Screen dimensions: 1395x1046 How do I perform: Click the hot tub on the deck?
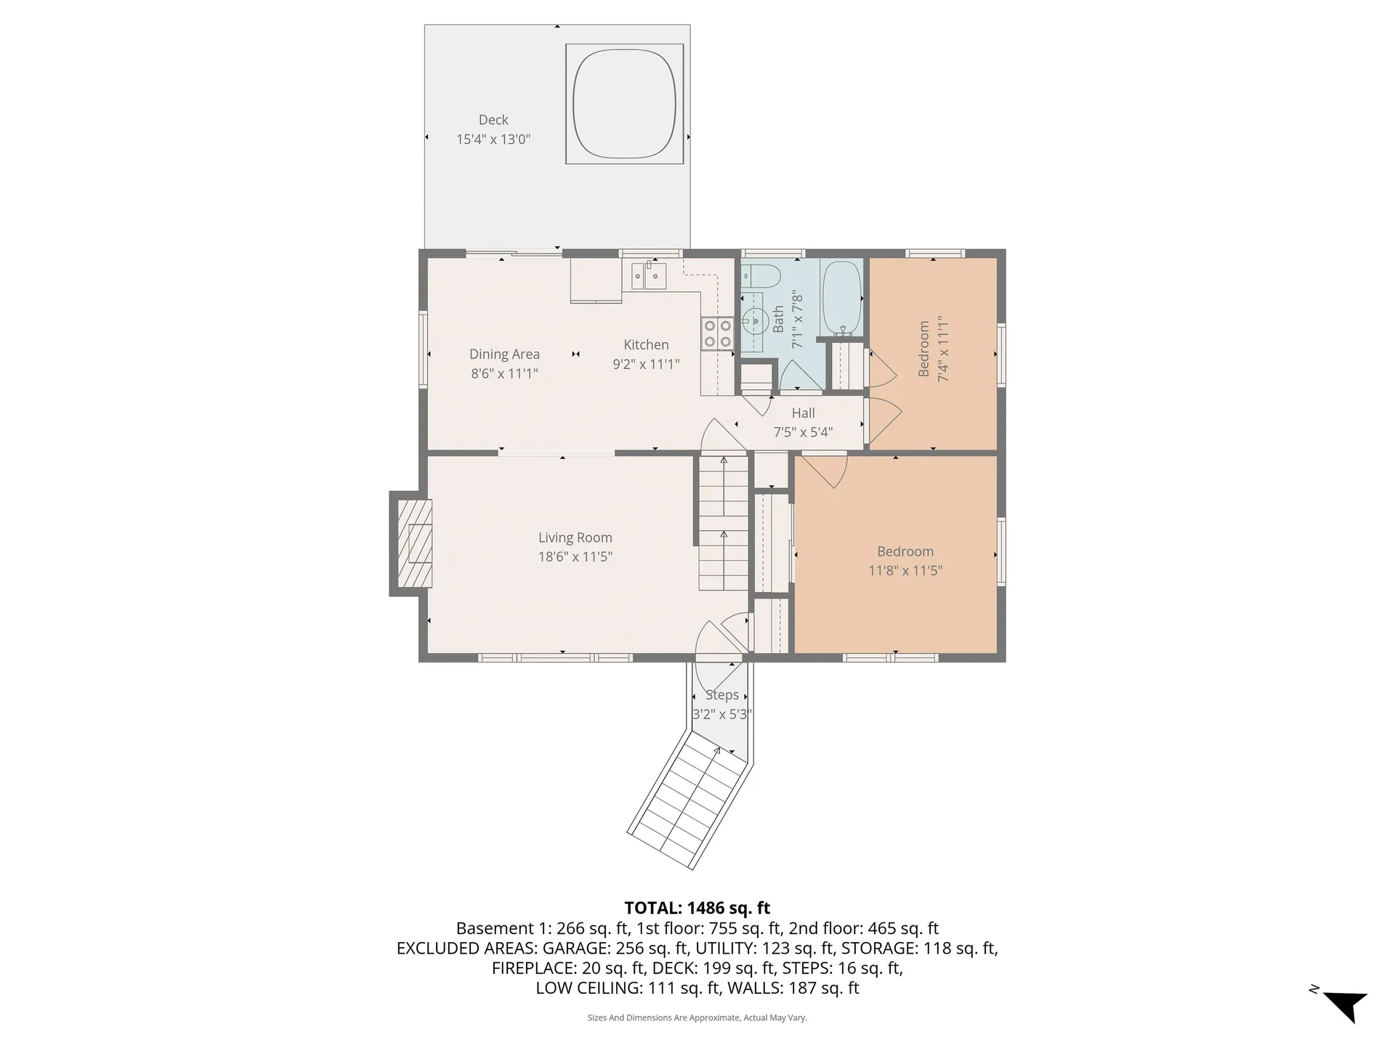pos(624,104)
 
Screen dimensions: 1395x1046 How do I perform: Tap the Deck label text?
pos(493,120)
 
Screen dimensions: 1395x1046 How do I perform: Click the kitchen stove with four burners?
pos(717,334)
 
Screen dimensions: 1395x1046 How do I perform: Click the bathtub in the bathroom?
pos(842,298)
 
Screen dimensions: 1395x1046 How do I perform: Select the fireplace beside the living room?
pos(412,543)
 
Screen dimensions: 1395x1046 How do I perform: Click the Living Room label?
pos(575,538)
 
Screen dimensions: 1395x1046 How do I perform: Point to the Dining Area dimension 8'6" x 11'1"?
pos(504,373)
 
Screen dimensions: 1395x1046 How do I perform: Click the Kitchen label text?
pos(646,345)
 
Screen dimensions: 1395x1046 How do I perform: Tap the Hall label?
pos(803,413)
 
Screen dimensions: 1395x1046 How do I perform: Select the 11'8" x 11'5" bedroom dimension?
pos(905,570)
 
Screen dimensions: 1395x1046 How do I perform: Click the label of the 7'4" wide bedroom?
pos(924,349)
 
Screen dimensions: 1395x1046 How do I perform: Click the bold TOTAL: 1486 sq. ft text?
pos(697,908)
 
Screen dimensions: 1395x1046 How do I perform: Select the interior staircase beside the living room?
pos(724,522)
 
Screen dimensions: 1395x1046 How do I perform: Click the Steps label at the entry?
pos(722,695)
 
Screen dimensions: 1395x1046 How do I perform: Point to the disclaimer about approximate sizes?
pos(697,1018)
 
